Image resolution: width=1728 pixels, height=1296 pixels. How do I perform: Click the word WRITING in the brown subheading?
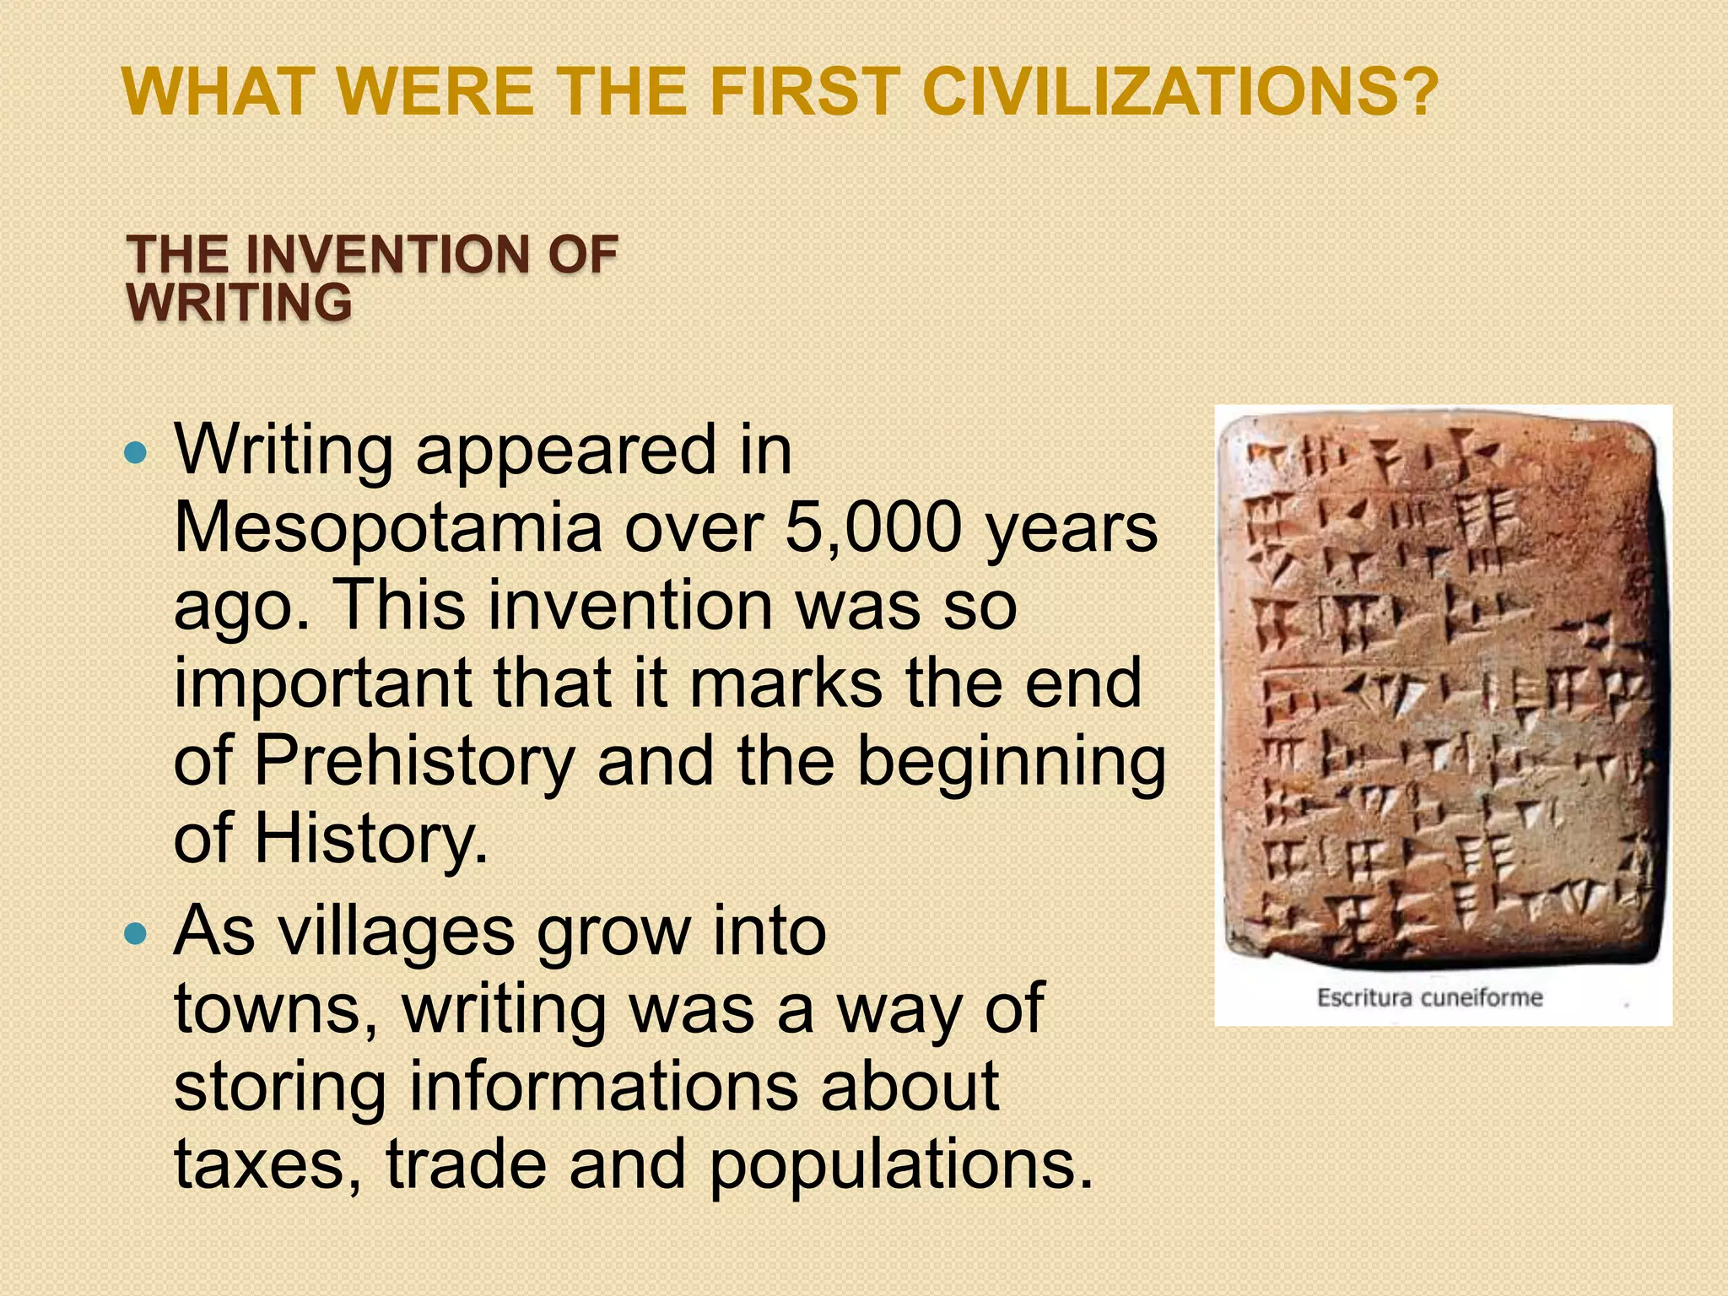pyautogui.click(x=239, y=303)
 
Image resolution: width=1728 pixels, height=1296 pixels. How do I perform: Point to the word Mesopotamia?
pyautogui.click(x=387, y=527)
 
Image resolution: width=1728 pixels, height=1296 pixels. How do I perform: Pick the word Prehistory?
pyautogui.click(x=413, y=761)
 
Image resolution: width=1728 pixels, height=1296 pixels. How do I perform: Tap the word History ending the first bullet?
pyautogui.click(x=370, y=839)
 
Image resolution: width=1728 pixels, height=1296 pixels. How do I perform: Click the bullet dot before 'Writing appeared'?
pyautogui.click(x=135, y=454)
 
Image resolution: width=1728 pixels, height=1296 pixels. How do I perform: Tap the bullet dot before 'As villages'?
pyautogui.click(x=135, y=934)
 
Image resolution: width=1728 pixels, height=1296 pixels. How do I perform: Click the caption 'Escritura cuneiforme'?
pyautogui.click(x=1429, y=998)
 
